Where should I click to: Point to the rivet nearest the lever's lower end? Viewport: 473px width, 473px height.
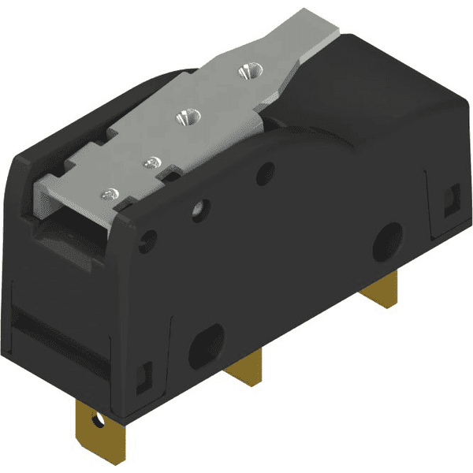(109, 193)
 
